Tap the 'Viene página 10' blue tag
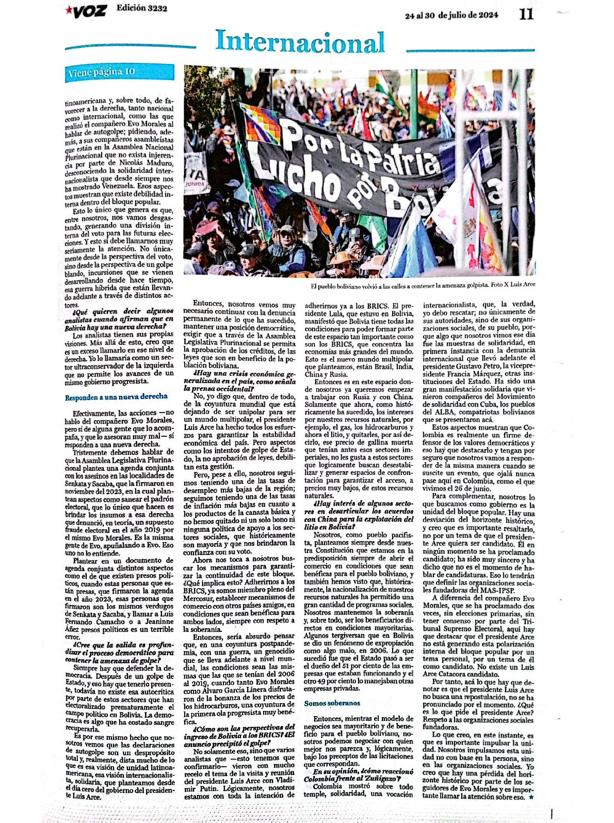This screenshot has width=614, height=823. (x=101, y=72)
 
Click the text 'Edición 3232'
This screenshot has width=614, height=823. (x=142, y=8)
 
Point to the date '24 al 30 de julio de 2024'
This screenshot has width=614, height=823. (x=451, y=15)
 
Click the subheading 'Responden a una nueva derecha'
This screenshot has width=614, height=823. (x=116, y=397)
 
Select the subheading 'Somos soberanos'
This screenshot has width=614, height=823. (x=332, y=703)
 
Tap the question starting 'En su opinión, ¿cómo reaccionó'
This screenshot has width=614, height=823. (x=359, y=775)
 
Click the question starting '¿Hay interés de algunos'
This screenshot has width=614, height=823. (x=359, y=510)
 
